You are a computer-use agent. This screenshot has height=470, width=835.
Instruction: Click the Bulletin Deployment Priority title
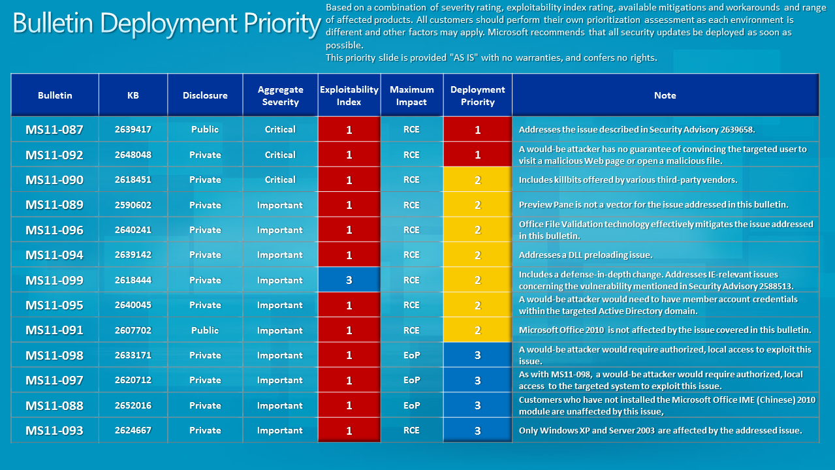tap(166, 24)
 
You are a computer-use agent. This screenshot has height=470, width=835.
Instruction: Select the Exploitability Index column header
tap(349, 95)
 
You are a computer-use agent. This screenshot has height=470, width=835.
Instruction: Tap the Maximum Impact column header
tap(411, 95)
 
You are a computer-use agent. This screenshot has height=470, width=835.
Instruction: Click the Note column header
tap(665, 95)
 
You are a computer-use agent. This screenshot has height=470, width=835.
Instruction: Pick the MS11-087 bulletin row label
tap(55, 129)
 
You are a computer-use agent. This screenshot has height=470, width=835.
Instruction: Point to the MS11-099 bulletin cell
tap(55, 280)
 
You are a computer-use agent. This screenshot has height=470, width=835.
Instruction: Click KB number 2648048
tap(133, 155)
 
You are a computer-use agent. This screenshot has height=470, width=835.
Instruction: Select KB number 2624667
tap(133, 430)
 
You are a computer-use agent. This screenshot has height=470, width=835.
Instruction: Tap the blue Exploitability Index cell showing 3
tap(349, 280)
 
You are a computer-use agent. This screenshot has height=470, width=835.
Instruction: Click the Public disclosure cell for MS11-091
tap(205, 330)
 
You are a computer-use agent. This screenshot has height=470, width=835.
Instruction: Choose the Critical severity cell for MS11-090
tap(280, 180)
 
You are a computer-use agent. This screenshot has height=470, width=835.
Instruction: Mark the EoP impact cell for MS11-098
tap(411, 355)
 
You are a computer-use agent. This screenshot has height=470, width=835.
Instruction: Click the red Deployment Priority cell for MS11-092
tap(477, 155)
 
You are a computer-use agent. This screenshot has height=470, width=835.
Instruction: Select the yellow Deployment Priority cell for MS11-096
tap(477, 230)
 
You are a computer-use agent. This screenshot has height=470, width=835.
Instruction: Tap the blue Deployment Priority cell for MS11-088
tap(477, 405)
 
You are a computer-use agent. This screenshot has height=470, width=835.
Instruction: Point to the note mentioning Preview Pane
tap(654, 205)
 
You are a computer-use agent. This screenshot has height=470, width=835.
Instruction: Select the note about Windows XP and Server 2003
tap(660, 430)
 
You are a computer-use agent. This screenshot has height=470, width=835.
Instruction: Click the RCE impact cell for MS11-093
tap(411, 430)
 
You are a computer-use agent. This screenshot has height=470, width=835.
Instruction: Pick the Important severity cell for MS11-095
tap(280, 305)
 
